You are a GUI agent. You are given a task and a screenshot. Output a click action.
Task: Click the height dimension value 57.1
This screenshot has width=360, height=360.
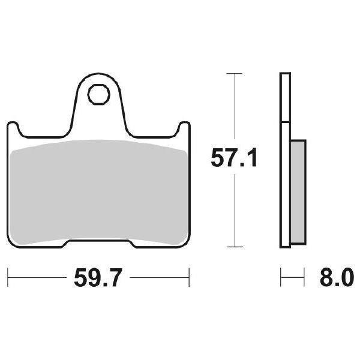click(233, 158)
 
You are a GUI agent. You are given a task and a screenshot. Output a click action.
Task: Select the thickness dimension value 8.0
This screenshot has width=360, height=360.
click(334, 278)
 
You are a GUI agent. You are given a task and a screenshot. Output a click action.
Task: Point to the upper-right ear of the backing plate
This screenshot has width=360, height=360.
click(183, 127)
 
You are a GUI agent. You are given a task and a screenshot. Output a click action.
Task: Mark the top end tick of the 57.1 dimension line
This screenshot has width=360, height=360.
click(233, 73)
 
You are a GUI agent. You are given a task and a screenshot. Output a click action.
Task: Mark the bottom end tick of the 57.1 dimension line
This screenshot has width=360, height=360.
click(233, 247)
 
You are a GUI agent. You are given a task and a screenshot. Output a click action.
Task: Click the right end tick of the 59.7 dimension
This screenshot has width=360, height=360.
click(190, 278)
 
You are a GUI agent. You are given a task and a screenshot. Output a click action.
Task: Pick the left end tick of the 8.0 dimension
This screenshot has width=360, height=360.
click(281, 278)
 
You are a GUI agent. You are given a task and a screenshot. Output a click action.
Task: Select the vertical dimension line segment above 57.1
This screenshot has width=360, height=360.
click(233, 108)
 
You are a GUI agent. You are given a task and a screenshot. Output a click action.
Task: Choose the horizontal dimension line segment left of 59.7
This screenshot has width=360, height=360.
click(36, 278)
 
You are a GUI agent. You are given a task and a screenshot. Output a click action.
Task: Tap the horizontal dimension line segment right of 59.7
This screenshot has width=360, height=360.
click(159, 278)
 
